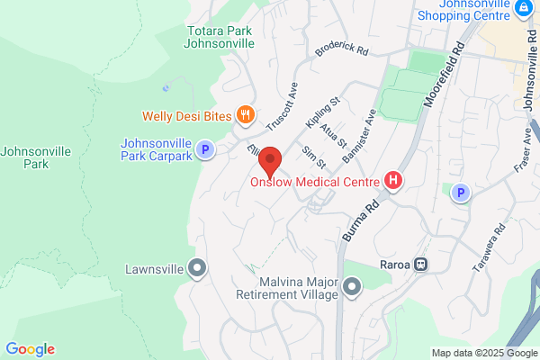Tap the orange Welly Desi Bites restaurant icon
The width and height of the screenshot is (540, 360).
click(x=244, y=114)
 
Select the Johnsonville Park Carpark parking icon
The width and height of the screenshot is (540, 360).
click(x=205, y=150)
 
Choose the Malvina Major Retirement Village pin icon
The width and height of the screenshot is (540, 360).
click(x=352, y=287)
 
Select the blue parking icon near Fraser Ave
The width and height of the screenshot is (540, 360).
click(x=461, y=193)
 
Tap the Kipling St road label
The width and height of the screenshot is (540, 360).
click(x=320, y=112)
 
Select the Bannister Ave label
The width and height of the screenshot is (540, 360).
click(x=358, y=138)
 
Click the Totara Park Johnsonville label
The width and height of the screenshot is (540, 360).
click(x=220, y=37)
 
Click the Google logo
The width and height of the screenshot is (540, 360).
click(x=30, y=349)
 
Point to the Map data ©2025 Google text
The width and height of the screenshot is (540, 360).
click(x=482, y=352)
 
